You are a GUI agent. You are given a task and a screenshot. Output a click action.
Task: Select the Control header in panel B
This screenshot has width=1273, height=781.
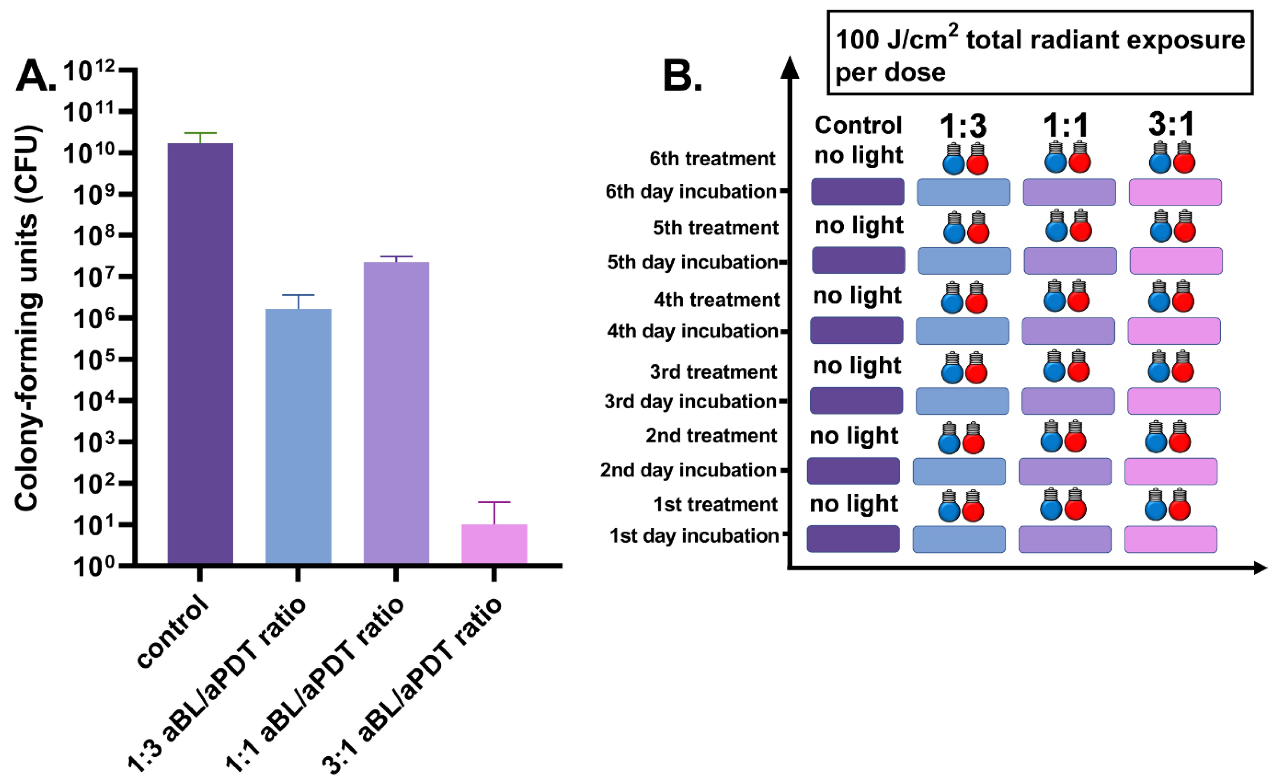tap(858, 126)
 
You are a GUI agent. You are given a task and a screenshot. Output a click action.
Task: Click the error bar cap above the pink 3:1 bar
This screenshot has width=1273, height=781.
tap(494, 502)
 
